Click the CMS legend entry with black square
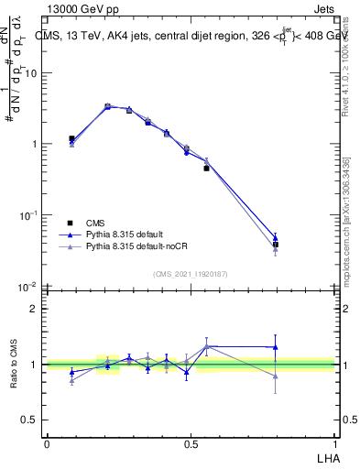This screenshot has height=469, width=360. click(94, 223)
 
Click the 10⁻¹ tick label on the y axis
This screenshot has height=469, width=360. click(31, 215)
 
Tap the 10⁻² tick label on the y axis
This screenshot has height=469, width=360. click(31, 287)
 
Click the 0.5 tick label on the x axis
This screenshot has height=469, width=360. click(191, 444)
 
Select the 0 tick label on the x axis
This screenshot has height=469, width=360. click(47, 444)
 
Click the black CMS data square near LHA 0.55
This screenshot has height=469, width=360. click(206, 169)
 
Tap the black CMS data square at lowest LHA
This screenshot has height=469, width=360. click(71, 139)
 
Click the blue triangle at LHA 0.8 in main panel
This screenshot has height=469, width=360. click(276, 237)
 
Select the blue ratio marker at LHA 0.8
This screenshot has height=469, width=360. click(276, 347)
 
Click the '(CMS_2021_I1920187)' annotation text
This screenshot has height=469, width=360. click(191, 274)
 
